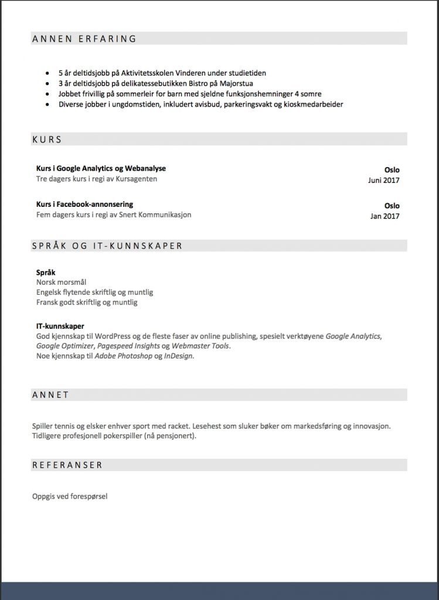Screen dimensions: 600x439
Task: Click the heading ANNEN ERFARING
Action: point(84,39)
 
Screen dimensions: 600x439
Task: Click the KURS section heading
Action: point(47,140)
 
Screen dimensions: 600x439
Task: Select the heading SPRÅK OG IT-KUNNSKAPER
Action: point(107,246)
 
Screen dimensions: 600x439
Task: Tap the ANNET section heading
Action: point(51,395)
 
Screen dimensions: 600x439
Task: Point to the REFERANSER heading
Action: point(67,465)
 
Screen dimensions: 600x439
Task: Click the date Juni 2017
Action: point(383,180)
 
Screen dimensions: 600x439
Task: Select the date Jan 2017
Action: point(384,216)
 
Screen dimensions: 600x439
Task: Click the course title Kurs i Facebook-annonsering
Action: point(84,204)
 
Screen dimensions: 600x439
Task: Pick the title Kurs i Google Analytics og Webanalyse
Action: point(101,169)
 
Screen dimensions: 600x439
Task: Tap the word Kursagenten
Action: point(137,179)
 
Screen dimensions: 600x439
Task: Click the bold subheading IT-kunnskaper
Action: point(60,326)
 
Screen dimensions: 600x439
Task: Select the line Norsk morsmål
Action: point(62,282)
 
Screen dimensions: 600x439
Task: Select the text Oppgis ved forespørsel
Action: point(70,496)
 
